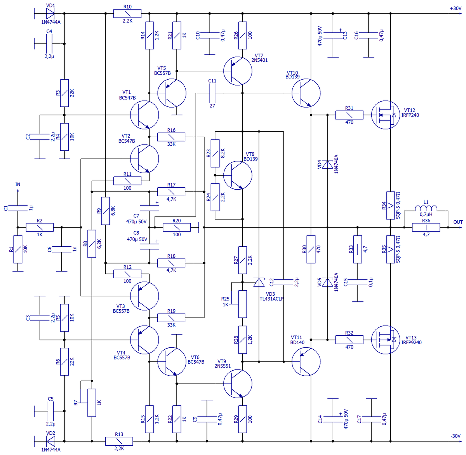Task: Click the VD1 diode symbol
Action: click(50, 14)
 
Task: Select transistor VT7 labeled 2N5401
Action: click(238, 71)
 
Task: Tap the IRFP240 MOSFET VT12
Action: click(386, 115)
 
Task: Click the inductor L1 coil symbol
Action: click(426, 208)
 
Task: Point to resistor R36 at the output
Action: click(426, 227)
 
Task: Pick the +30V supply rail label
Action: click(456, 9)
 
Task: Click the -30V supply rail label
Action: click(456, 436)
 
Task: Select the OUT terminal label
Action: click(458, 222)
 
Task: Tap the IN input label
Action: click(18, 185)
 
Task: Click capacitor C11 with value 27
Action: click(212, 93)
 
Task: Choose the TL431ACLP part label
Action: click(271, 299)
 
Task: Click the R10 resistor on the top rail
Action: click(127, 14)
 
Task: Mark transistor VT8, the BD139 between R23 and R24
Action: click(238, 175)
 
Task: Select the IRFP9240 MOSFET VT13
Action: click(386, 340)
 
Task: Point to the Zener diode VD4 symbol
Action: click(327, 164)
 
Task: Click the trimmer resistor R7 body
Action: click(92, 403)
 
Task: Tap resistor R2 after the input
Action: click(40, 227)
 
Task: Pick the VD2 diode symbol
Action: click(50, 441)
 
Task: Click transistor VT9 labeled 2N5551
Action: click(238, 384)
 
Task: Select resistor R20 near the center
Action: click(177, 227)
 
